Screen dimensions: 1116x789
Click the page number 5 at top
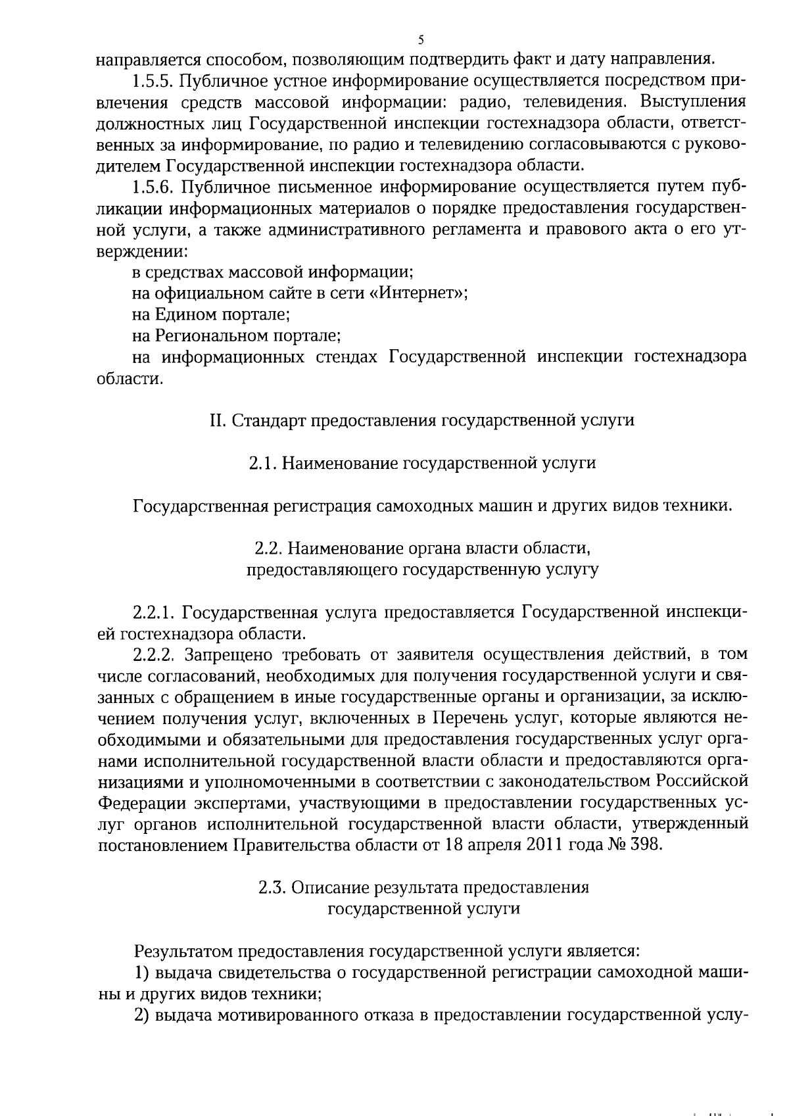point(420,39)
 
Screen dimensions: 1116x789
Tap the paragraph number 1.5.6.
point(153,187)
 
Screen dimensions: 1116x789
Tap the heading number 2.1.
point(262,463)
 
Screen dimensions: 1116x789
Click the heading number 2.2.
point(268,548)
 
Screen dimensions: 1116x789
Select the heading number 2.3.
point(271,887)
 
